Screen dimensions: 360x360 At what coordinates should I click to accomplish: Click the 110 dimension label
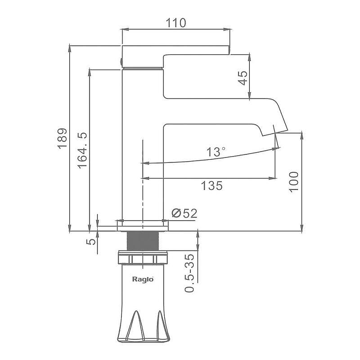tap(175, 23)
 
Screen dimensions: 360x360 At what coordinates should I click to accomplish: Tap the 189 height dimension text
tap(63, 139)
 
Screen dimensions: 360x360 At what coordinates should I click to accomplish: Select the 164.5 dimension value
tap(82, 150)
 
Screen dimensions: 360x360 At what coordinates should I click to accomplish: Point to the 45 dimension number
tap(243, 78)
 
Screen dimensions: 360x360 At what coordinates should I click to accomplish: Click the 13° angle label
tap(216, 152)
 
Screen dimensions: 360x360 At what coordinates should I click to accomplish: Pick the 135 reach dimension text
tap(211, 185)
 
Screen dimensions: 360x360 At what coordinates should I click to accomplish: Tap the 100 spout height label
tap(294, 182)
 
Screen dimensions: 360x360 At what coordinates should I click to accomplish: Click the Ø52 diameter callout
tap(184, 213)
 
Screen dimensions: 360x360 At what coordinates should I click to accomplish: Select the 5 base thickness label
tap(91, 242)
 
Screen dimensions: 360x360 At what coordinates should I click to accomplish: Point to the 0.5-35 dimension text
tap(189, 273)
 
